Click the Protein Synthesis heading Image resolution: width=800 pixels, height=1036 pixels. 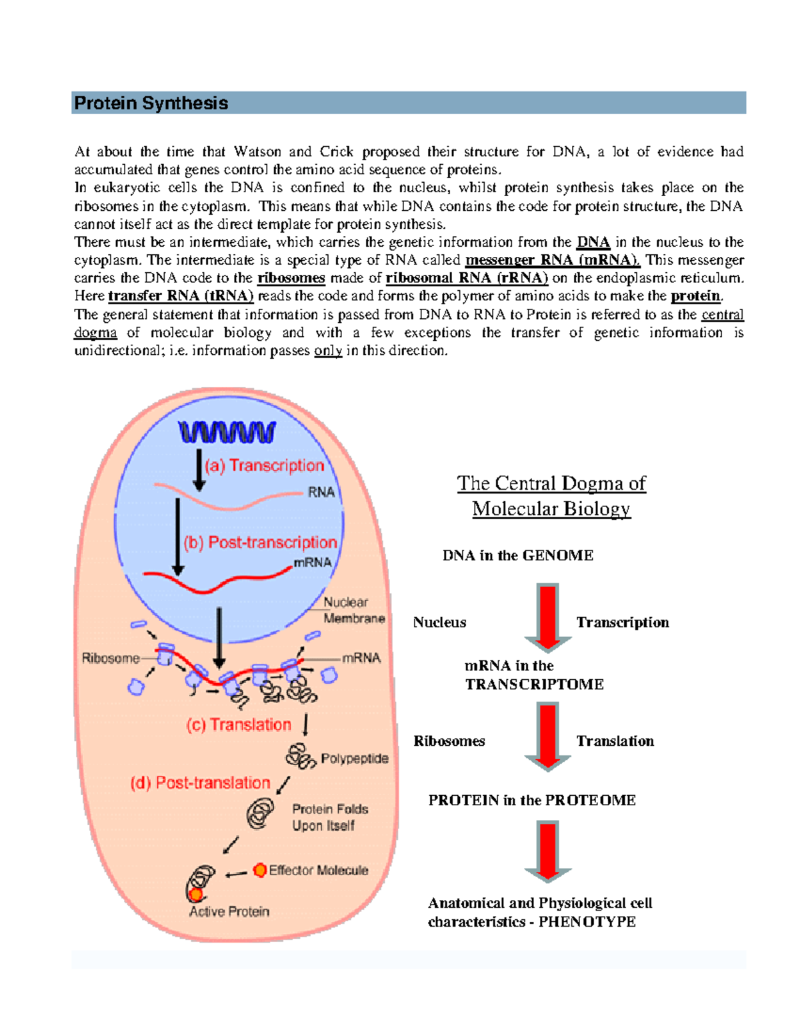151,103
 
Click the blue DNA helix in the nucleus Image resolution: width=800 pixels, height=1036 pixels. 227,432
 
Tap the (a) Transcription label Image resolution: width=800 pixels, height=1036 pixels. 265,465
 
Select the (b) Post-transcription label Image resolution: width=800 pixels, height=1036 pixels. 261,542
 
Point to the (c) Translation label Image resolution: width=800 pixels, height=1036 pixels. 239,724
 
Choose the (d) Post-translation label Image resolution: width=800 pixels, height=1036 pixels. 200,783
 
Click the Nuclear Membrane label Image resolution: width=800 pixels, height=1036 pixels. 353,610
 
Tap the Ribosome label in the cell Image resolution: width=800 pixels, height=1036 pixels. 111,658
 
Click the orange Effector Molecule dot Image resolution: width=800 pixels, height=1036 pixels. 260,870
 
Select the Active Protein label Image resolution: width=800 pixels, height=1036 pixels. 229,911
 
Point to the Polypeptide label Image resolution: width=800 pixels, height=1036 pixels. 355,758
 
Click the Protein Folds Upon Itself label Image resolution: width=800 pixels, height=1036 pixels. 330,817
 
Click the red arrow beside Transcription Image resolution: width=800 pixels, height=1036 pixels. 547,617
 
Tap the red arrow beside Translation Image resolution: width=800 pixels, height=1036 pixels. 547,736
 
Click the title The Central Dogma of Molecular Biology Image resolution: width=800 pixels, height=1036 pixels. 551,496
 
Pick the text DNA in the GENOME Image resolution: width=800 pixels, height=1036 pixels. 518,556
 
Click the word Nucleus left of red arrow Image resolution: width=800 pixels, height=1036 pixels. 439,622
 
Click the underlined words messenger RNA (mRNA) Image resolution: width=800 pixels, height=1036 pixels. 553,260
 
